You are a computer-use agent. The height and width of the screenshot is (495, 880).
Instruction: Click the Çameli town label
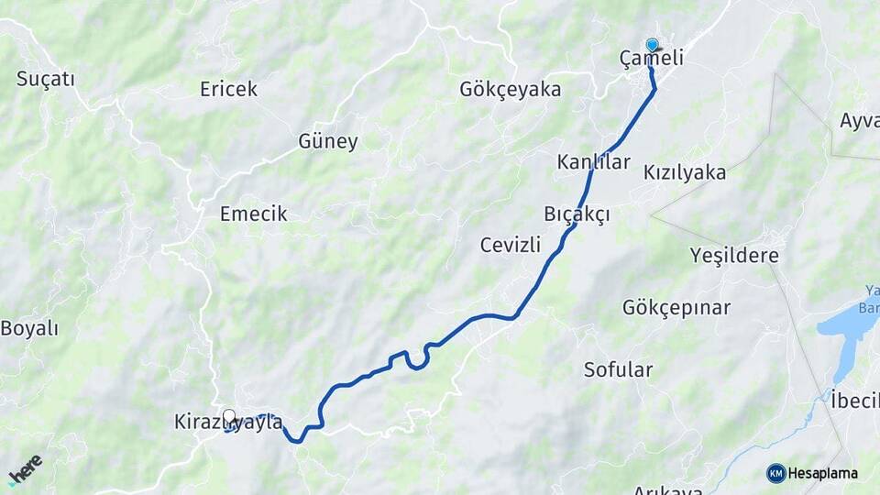click(x=652, y=59)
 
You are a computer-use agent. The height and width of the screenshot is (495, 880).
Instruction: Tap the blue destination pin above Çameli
click(x=652, y=44)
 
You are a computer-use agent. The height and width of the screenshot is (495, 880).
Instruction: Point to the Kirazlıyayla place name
click(x=228, y=423)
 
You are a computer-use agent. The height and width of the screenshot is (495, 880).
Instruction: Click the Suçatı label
click(x=45, y=79)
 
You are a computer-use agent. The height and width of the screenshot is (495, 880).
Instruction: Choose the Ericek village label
click(x=228, y=89)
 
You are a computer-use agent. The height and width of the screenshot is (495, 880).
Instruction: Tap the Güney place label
click(x=328, y=141)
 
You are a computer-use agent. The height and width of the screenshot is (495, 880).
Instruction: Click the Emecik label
click(x=253, y=214)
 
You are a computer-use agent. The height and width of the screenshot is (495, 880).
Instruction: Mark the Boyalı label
click(x=29, y=329)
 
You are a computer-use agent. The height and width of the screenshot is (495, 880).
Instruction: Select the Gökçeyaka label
click(x=511, y=89)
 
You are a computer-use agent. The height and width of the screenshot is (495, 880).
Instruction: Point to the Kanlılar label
click(x=594, y=162)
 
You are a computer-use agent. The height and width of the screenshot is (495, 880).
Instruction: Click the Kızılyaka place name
click(x=685, y=172)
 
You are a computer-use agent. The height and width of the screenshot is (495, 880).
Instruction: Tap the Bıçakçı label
click(x=577, y=213)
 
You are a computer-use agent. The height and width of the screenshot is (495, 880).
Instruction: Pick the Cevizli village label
click(x=511, y=245)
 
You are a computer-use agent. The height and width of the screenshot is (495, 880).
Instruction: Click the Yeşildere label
click(x=735, y=256)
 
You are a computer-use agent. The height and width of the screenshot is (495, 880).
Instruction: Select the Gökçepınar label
click(x=676, y=307)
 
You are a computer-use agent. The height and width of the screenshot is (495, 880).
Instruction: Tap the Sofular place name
click(x=619, y=369)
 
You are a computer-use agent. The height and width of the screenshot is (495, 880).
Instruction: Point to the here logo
click(x=26, y=469)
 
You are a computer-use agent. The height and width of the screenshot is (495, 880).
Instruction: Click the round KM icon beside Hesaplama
click(x=776, y=473)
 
